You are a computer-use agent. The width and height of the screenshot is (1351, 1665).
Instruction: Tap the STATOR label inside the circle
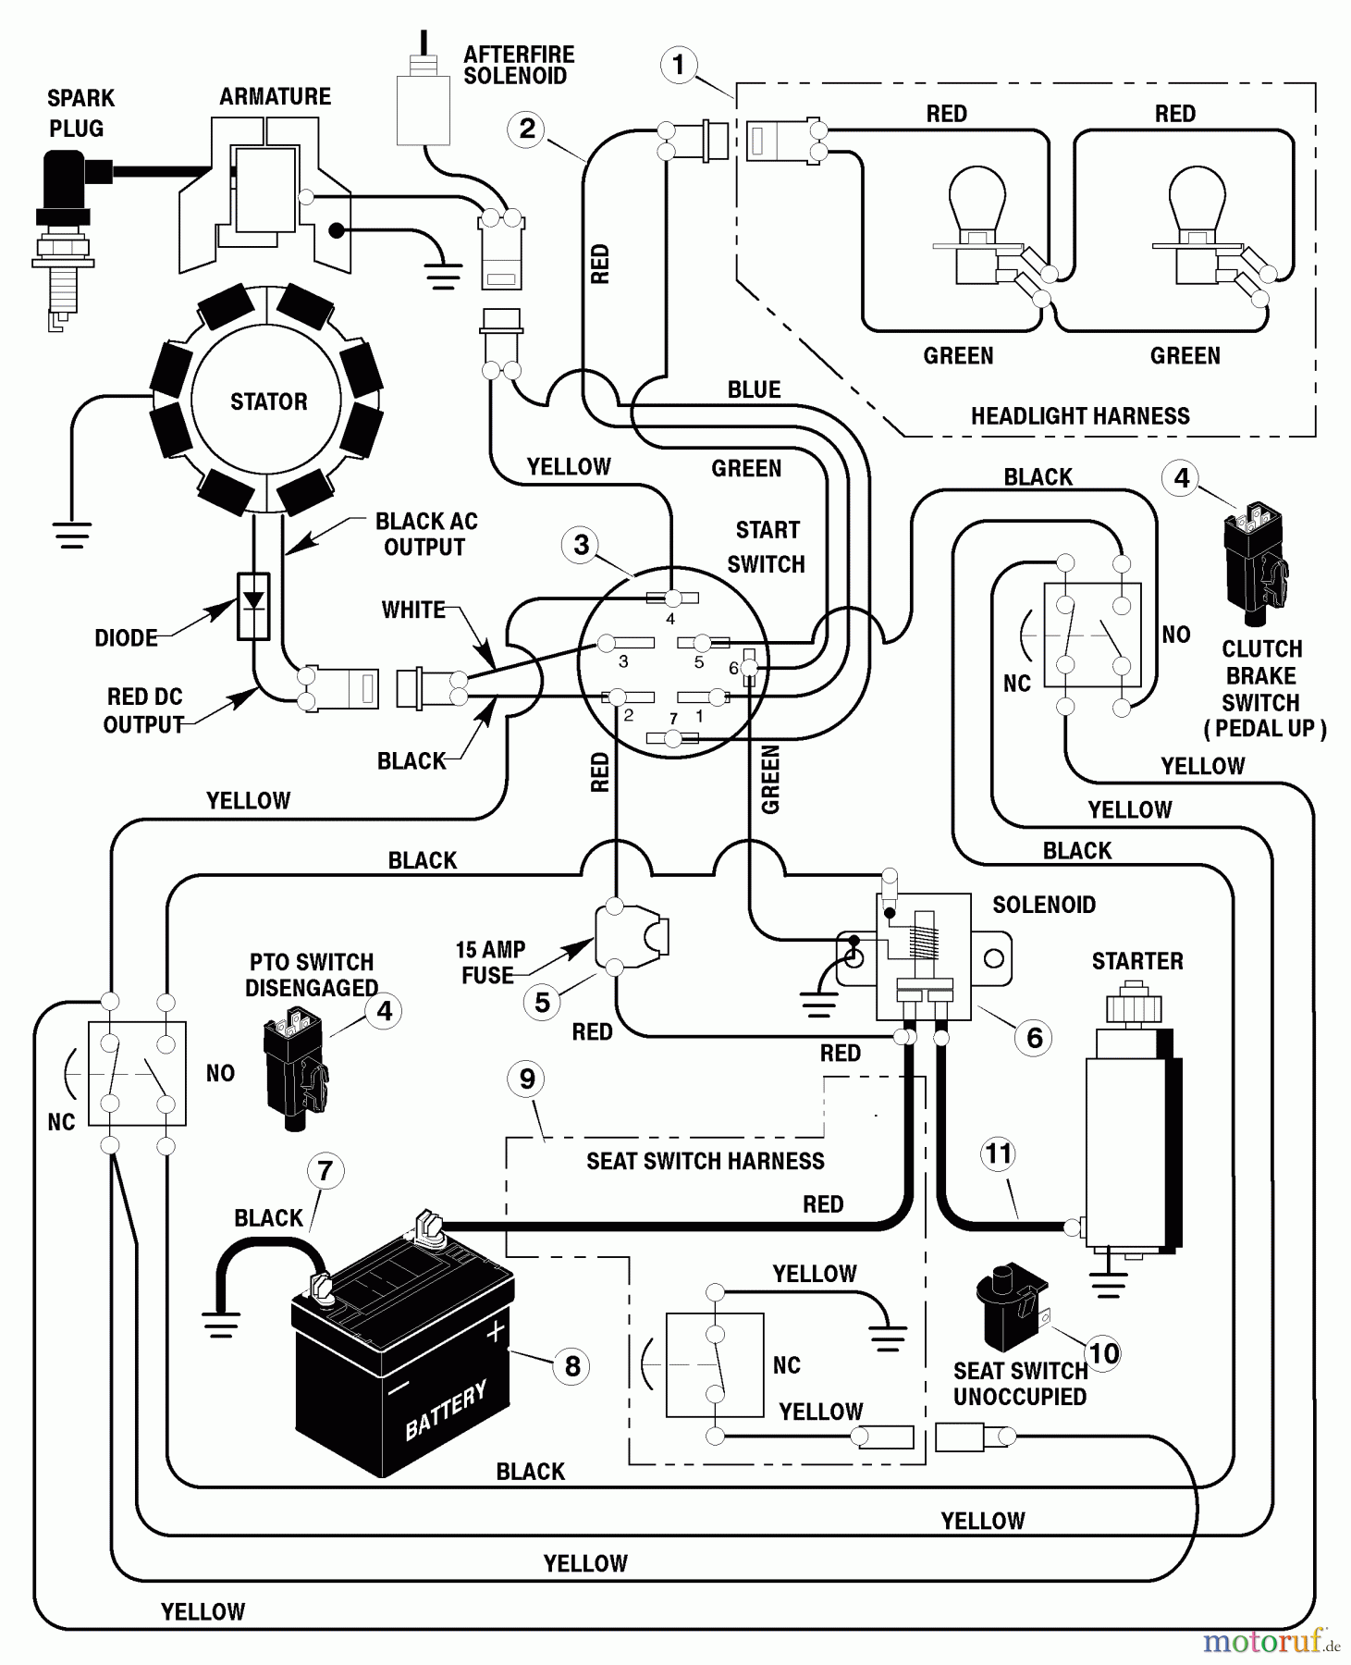[268, 401]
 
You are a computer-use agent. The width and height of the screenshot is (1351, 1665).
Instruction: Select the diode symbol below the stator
[253, 606]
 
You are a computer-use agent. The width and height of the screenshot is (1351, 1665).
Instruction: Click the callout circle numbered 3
[581, 545]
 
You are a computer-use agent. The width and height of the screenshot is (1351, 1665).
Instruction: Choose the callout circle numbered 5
[543, 1002]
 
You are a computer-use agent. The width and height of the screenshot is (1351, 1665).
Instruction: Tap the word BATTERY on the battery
[446, 1412]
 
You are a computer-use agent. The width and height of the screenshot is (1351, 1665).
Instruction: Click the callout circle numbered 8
[572, 1365]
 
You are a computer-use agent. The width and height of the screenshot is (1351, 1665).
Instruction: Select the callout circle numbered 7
[325, 1171]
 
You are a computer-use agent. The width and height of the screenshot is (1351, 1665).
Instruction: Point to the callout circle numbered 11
[999, 1153]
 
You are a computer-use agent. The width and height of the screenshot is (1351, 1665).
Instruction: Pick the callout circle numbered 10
[1103, 1354]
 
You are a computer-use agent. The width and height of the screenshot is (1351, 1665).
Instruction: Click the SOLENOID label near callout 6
[1044, 905]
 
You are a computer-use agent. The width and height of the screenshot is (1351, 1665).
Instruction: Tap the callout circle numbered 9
[527, 1079]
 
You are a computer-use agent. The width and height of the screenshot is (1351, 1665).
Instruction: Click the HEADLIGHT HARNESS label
[1080, 416]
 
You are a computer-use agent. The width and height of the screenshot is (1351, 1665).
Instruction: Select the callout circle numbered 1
[680, 65]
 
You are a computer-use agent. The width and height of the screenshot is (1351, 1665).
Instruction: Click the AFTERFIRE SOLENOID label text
[518, 66]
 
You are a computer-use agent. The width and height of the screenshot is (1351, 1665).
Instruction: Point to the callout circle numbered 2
[527, 129]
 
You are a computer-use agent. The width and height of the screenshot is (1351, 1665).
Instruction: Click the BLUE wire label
[754, 389]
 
